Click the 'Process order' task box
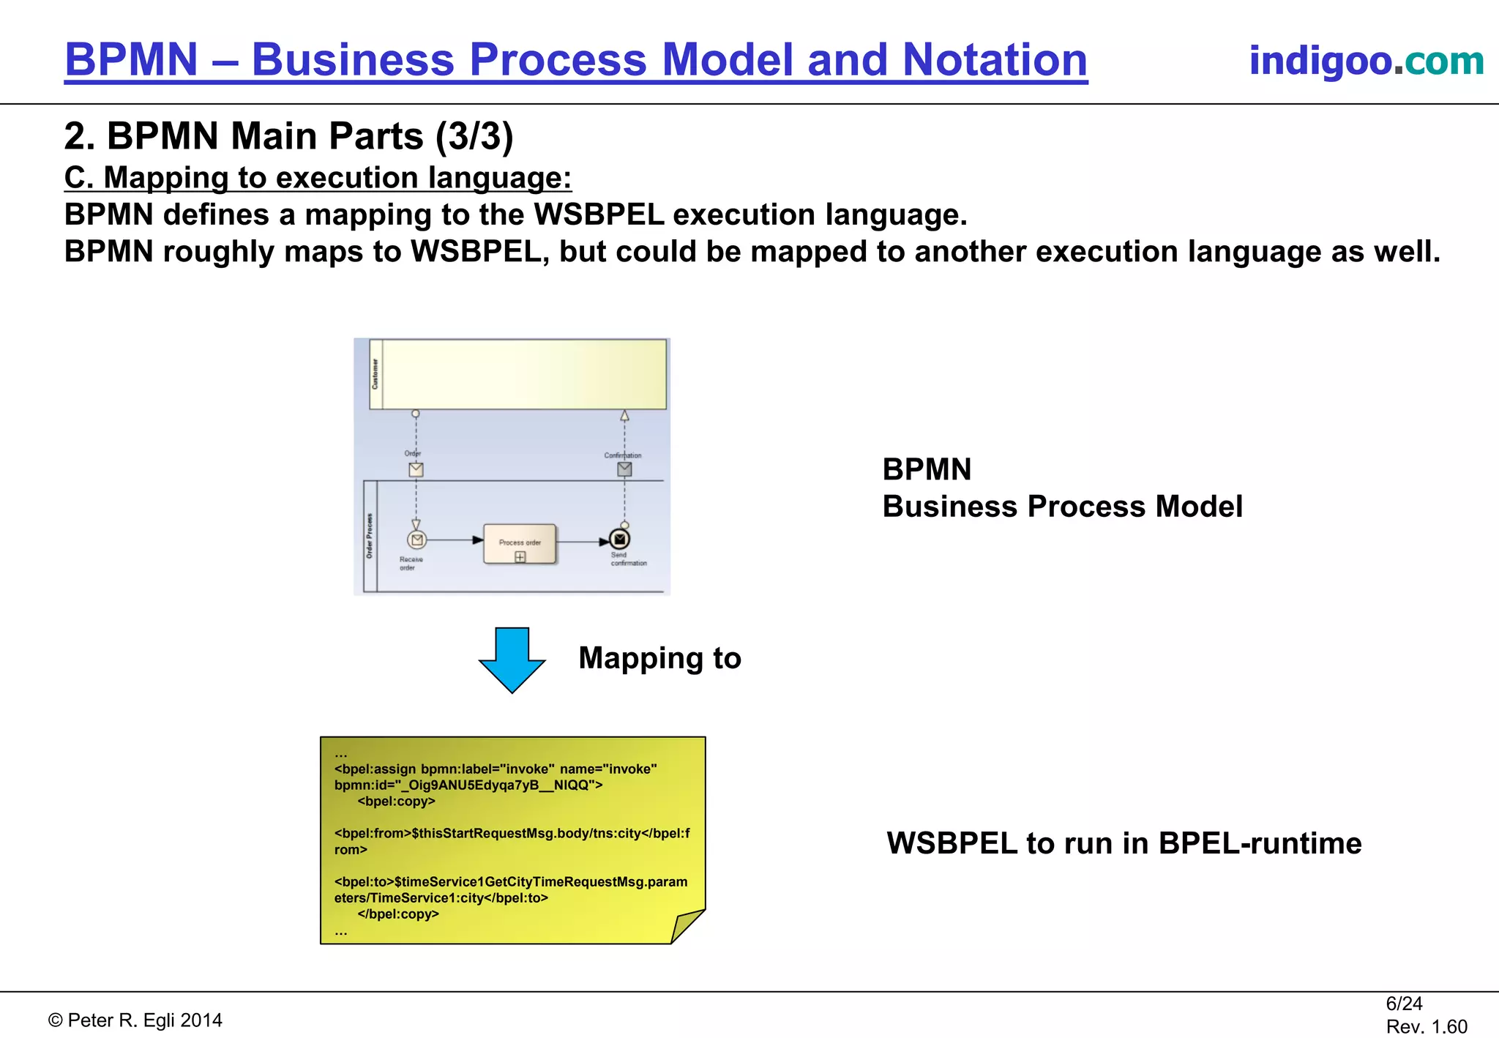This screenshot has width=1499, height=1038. click(520, 543)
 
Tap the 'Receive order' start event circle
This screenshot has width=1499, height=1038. click(416, 540)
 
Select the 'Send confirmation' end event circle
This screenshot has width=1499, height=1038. click(620, 539)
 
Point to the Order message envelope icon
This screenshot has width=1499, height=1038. click(416, 470)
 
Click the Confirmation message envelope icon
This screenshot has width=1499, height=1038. click(624, 469)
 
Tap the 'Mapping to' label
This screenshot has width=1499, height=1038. click(659, 658)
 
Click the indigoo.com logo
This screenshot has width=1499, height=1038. click(1366, 60)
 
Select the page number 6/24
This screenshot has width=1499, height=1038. click(1404, 1004)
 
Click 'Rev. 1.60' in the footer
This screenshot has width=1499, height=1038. click(1426, 1027)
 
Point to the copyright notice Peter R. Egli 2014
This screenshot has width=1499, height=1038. click(135, 1020)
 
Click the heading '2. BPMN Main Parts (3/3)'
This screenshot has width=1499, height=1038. click(288, 136)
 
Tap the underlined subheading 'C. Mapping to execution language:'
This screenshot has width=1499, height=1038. click(318, 178)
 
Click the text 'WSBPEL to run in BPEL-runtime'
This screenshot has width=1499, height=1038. click(1124, 843)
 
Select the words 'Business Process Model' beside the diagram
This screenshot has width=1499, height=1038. click(1062, 507)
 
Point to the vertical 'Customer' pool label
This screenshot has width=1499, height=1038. click(375, 374)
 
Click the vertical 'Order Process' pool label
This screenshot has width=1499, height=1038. click(370, 536)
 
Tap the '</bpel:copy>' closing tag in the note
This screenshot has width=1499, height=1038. click(397, 914)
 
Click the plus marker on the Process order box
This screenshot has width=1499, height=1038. click(520, 557)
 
